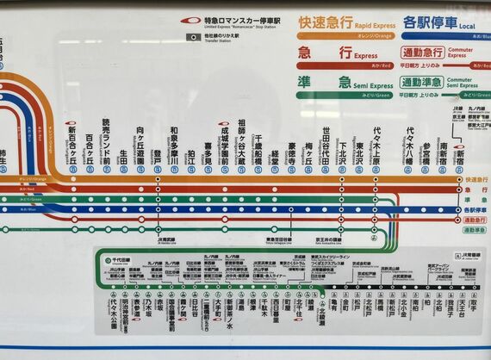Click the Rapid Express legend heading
338,21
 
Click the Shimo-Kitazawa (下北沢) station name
341,150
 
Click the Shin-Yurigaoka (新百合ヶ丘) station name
72,146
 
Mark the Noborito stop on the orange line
158,179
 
